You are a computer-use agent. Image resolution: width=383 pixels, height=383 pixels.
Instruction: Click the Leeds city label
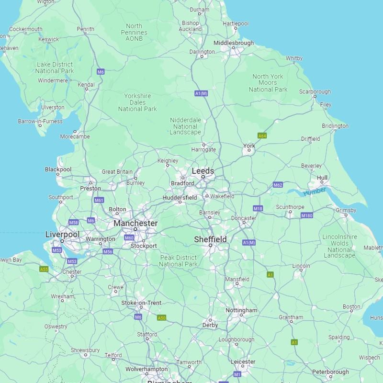(x=203, y=171)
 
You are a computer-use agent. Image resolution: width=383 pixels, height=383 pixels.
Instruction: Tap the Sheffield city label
(x=210, y=239)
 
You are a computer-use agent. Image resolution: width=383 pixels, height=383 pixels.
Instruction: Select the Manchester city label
(x=135, y=223)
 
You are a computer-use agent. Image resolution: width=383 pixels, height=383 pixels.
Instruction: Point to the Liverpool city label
(x=62, y=234)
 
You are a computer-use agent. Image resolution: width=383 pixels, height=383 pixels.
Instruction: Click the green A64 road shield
(x=262, y=136)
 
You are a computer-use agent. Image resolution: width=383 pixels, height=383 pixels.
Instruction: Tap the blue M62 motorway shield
(x=278, y=185)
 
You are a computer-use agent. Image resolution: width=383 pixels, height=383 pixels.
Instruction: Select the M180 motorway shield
(x=307, y=216)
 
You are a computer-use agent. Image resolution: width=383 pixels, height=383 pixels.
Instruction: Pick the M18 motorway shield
(x=258, y=208)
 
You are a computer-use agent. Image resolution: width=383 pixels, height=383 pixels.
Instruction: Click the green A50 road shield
(x=162, y=317)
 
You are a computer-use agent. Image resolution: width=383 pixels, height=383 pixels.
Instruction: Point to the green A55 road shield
(x=44, y=270)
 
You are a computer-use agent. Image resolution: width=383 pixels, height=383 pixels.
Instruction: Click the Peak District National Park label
(x=178, y=261)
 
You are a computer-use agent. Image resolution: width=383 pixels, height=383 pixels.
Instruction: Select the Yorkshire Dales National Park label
(x=137, y=102)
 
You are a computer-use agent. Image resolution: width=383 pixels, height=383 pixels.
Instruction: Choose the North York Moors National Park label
(x=268, y=83)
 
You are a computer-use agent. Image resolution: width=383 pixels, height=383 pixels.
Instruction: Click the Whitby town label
(x=294, y=58)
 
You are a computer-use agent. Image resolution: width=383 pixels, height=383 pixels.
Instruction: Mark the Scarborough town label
(x=315, y=91)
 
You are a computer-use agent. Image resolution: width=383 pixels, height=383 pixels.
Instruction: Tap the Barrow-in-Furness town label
(x=40, y=122)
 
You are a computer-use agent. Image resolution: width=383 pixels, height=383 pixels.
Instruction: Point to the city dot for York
(x=248, y=151)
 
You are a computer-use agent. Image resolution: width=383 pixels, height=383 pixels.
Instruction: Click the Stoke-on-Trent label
(x=141, y=303)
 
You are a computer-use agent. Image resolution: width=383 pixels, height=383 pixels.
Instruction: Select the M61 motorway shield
(x=99, y=200)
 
